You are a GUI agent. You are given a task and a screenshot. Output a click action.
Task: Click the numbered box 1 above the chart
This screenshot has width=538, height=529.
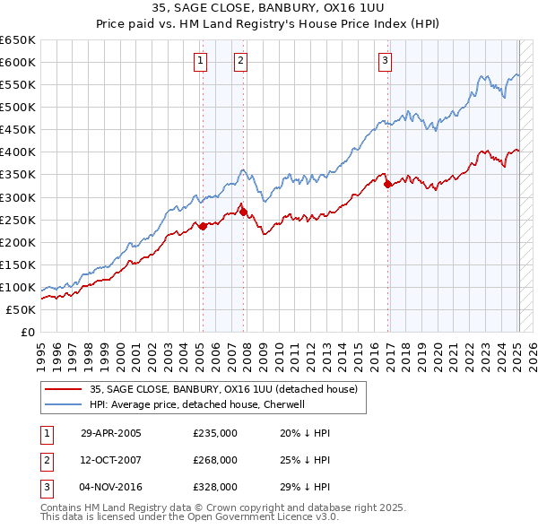(199, 61)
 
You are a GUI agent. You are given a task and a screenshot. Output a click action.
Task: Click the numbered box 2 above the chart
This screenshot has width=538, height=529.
(241, 61)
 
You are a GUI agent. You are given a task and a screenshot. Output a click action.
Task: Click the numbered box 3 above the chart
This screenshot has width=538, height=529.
(385, 61)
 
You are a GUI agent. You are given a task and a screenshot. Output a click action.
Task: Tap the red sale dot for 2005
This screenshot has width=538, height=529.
(203, 226)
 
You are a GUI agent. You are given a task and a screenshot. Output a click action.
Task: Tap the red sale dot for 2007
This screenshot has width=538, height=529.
(243, 212)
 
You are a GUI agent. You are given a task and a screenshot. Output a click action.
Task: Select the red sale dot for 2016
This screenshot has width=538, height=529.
(387, 185)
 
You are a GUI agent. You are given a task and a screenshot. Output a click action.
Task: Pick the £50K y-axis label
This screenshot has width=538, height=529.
(22, 309)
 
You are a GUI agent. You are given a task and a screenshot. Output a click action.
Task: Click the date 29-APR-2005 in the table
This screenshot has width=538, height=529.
(111, 433)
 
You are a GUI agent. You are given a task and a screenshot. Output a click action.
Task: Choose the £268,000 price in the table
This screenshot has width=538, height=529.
(215, 460)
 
